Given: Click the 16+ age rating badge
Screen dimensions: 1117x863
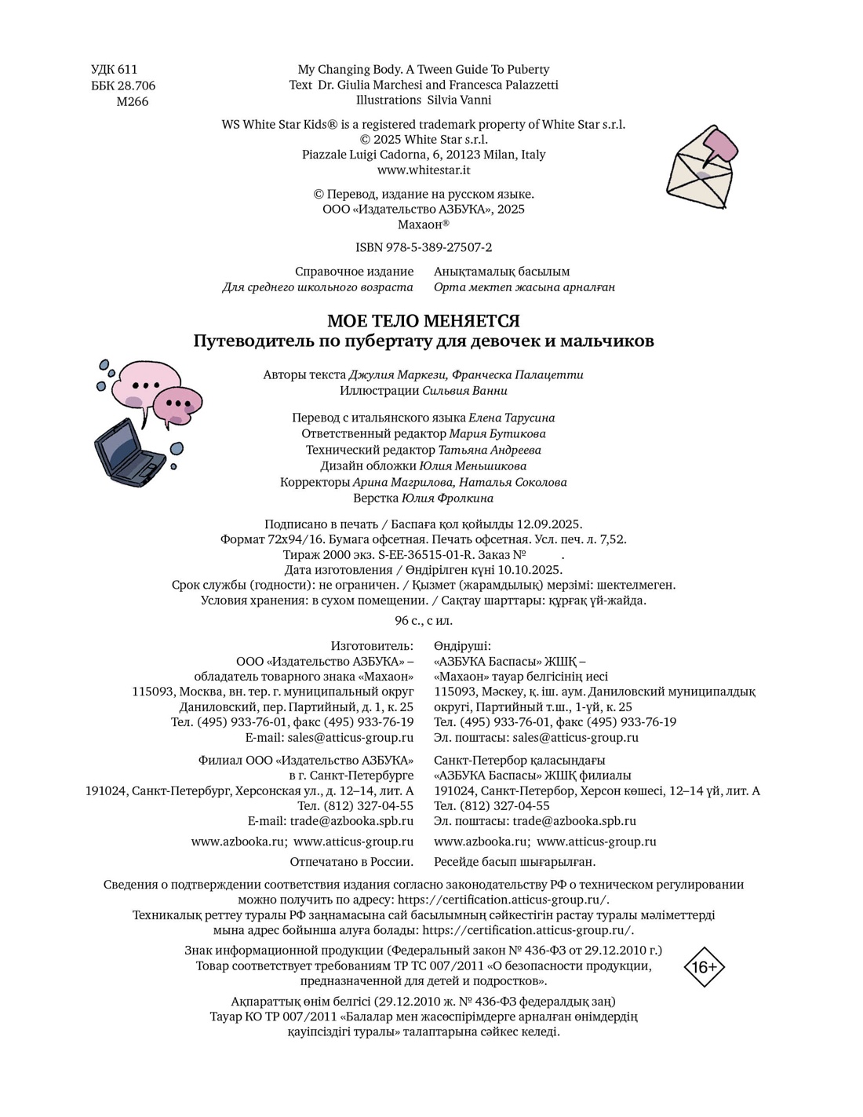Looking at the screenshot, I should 704,967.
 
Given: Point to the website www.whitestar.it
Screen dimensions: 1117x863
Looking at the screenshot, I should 424,170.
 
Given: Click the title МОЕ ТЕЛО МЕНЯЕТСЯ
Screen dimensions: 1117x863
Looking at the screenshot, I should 424,321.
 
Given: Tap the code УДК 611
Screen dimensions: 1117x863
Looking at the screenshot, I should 114,70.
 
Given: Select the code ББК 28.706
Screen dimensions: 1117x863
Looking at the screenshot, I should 123,86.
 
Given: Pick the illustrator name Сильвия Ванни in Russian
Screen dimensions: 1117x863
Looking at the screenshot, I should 464,390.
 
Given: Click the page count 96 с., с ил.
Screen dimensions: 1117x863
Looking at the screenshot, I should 424,620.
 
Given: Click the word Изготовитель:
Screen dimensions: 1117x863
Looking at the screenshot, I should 372,645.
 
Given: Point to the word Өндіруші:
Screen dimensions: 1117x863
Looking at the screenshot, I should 462,645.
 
